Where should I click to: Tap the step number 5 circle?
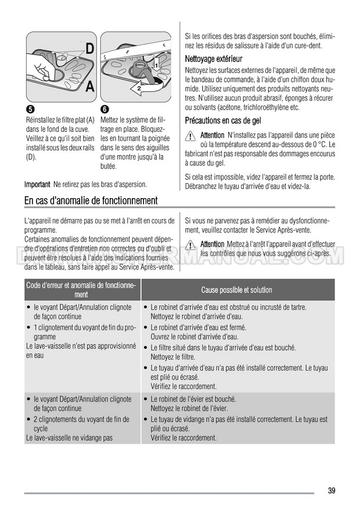pos(29,110)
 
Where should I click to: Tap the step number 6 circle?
pos(104,110)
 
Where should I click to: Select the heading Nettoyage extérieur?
pos(213,59)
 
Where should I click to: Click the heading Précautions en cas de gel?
pos(222,120)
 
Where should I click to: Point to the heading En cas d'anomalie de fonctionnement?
pos(91,200)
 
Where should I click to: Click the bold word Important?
pos(37,184)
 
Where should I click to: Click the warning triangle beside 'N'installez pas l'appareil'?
pos(191,135)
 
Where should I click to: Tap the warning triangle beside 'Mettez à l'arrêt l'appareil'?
pos(191,245)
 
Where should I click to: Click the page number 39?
pos(331,491)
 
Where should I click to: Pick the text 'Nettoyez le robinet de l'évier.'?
pos(193,408)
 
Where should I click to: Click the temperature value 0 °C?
pos(321,145)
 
